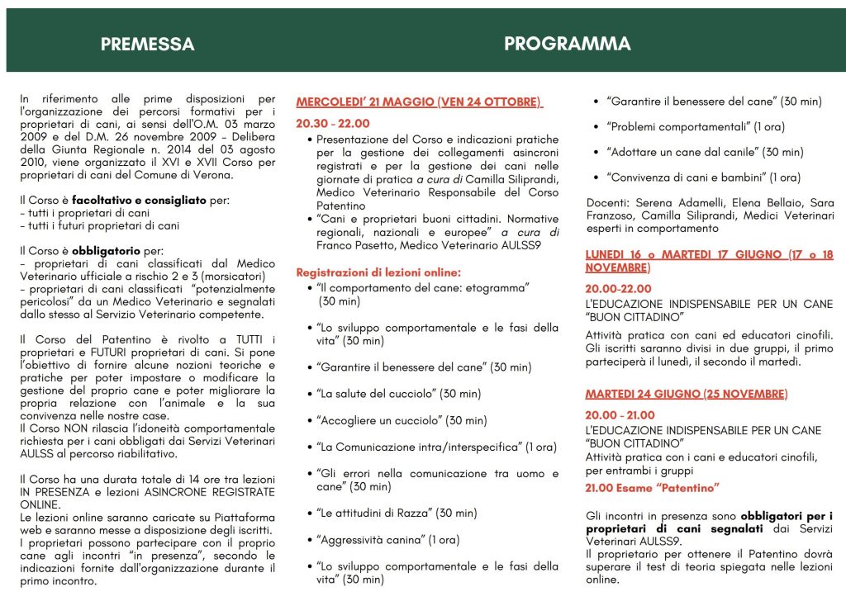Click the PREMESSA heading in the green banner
(x=148, y=45)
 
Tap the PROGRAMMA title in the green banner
(x=567, y=44)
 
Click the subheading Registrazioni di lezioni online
(x=378, y=272)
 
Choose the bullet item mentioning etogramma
(x=422, y=287)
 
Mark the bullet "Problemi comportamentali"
(x=696, y=127)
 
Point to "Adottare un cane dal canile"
(x=705, y=152)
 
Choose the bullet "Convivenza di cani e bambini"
(x=703, y=177)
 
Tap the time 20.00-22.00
(x=619, y=289)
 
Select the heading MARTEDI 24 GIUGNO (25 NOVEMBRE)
(x=686, y=394)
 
